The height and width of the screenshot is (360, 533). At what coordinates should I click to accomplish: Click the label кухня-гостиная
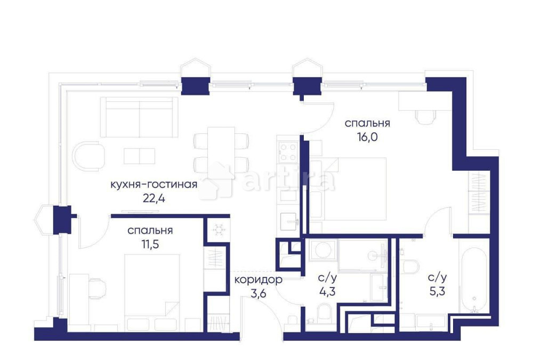point(154,185)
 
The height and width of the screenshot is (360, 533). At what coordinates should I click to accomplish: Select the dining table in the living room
point(221,149)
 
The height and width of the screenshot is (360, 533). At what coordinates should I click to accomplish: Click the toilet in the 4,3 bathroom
point(324,313)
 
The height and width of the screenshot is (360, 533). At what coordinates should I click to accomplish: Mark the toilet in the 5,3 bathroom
point(411,266)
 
